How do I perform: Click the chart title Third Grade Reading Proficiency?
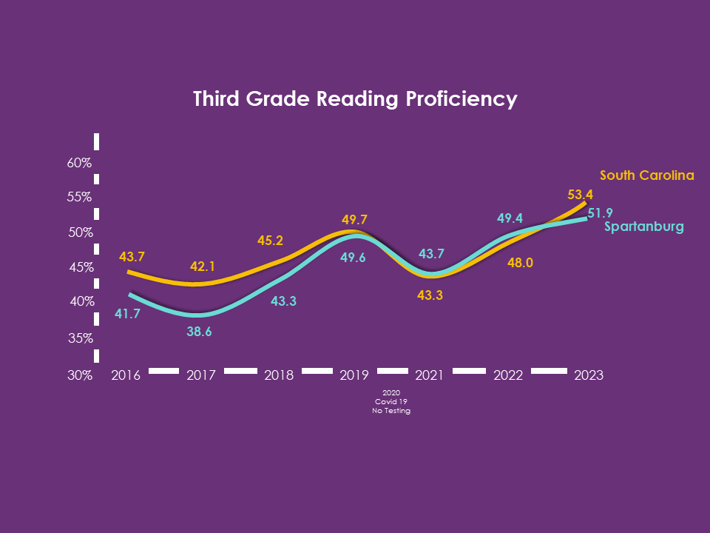coord(355,99)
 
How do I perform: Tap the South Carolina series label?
coord(647,175)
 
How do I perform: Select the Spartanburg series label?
coord(643,227)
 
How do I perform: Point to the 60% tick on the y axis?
coord(79,163)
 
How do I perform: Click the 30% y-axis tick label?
coord(79,375)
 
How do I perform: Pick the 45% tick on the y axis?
coord(81,267)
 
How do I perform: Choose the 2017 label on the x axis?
coord(200,375)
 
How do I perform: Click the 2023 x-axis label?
coord(589,375)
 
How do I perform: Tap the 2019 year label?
coord(354,375)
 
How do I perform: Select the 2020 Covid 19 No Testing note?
coord(391,401)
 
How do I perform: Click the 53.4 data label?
coord(581,195)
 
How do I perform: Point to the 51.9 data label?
coord(601,213)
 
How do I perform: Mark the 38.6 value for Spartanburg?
coord(199,332)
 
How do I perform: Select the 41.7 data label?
coord(128,314)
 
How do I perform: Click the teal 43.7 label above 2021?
coord(431,254)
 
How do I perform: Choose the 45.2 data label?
coord(270,241)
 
